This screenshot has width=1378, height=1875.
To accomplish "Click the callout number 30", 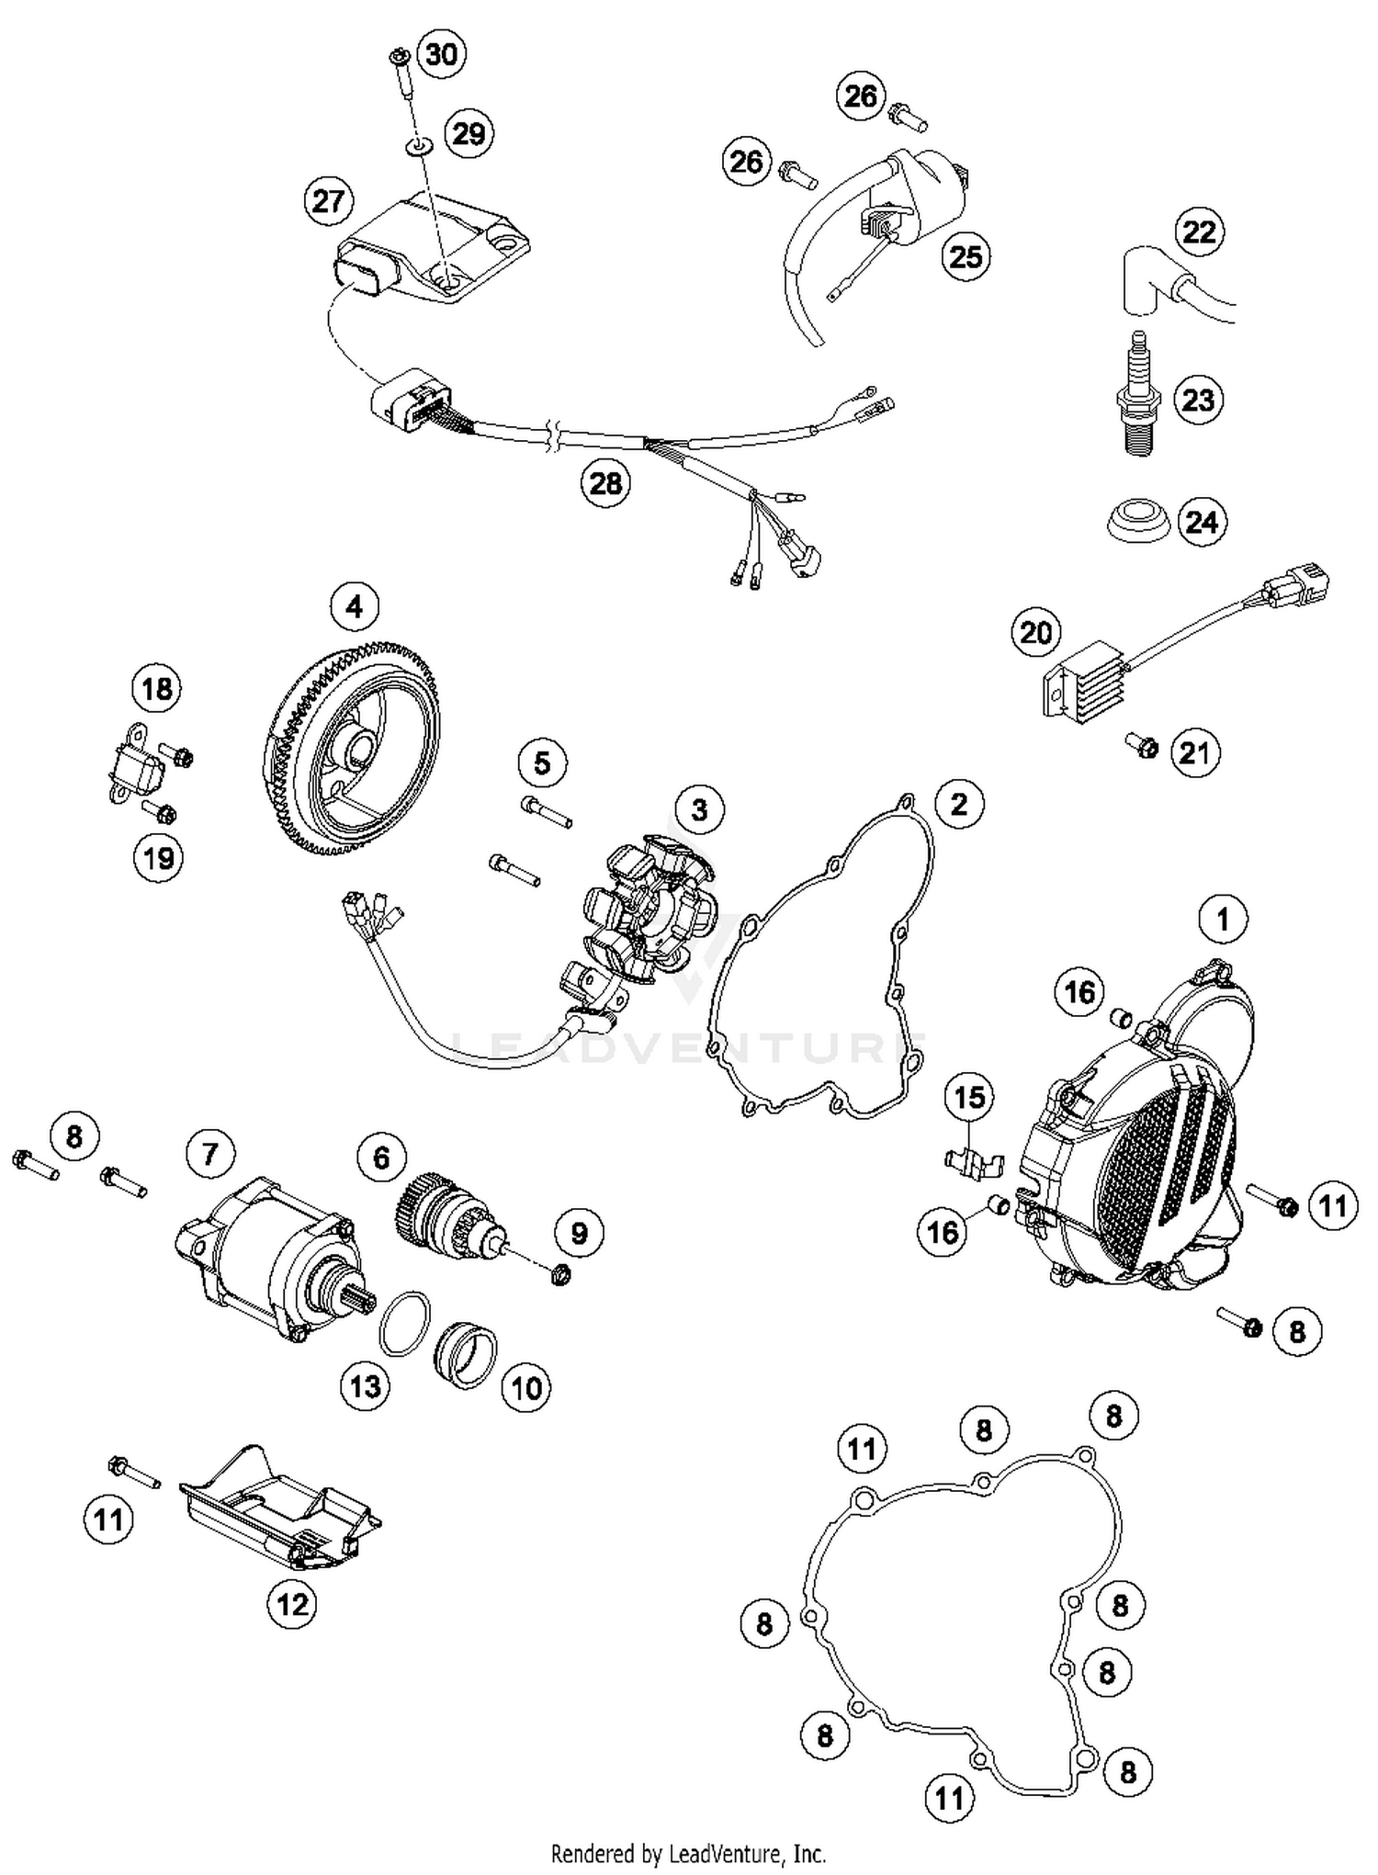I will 441,54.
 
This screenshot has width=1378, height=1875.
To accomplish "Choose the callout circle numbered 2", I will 959,804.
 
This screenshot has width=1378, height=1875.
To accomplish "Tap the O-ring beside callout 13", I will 403,1323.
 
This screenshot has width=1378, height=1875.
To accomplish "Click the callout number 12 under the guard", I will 292,1604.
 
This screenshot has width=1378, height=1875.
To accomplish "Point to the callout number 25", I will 966,256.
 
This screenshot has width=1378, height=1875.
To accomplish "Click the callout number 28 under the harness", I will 605,482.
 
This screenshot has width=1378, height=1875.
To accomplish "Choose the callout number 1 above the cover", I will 1223,919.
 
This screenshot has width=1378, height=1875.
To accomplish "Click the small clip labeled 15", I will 972,1163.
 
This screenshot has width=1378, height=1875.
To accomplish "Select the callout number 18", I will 156,688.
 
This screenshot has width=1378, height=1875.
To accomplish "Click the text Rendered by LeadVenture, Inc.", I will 688,1853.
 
